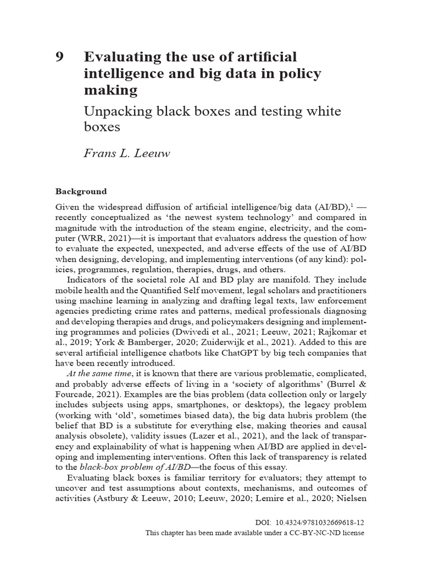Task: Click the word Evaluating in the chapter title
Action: pyautogui.click(x=118, y=57)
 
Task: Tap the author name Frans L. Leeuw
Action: pyautogui.click(x=127, y=153)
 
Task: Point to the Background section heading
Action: pyautogui.click(x=81, y=192)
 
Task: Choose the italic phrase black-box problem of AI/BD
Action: pyautogui.click(x=127, y=467)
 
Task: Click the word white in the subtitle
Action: pyautogui.click(x=323, y=111)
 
